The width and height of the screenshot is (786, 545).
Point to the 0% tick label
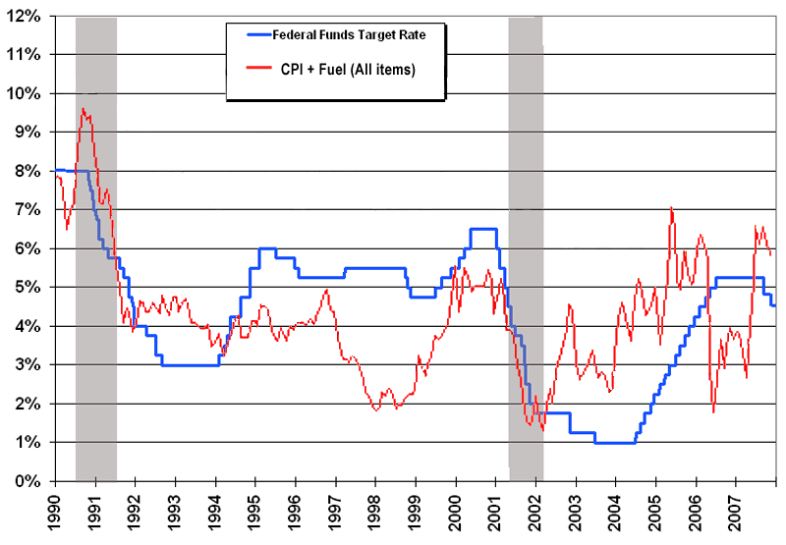(29, 481)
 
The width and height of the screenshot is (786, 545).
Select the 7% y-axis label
(29, 210)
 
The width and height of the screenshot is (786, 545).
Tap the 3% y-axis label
(29, 365)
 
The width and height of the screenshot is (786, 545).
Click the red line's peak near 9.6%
(84, 109)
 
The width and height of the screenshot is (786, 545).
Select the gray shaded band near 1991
(96, 245)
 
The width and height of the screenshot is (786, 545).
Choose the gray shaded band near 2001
(526, 245)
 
